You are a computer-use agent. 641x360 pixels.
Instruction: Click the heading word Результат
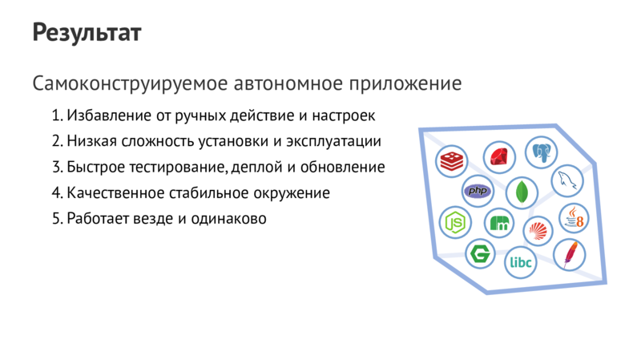coord(87,33)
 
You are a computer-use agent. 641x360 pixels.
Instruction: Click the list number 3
coord(56,168)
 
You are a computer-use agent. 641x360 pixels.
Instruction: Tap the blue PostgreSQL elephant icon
coord(542,152)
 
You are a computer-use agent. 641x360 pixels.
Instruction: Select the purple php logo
coord(478,191)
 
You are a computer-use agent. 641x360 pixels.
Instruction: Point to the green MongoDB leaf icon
coord(522,192)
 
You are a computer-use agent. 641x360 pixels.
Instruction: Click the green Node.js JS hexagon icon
coord(456,220)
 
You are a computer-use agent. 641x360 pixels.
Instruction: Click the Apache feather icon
coord(570,254)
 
